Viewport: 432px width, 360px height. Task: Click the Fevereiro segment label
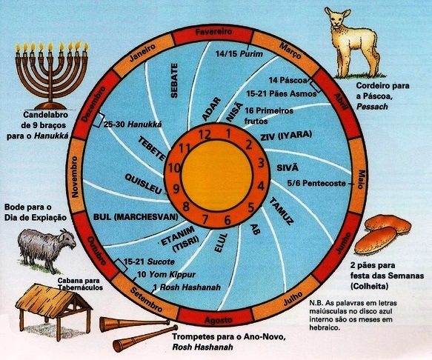coord(213,32)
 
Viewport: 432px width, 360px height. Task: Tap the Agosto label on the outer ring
coord(218,320)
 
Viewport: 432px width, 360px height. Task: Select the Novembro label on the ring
coord(75,177)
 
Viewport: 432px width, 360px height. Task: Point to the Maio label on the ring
coord(361,179)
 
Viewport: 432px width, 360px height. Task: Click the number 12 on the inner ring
coord(205,135)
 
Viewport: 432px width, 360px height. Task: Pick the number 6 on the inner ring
coord(227,220)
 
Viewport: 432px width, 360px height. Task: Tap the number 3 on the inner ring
coord(260,163)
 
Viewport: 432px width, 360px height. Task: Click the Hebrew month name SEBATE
coord(174,81)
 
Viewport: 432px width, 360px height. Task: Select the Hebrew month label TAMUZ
coord(281,212)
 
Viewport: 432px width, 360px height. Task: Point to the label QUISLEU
coord(144,184)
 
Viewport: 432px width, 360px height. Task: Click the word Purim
coord(251,54)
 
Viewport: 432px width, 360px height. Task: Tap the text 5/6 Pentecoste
coord(316,183)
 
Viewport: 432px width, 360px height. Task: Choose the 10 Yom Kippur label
coord(167,274)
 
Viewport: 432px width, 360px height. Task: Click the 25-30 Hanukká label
coord(133,124)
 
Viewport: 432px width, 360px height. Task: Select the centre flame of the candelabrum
coord(50,46)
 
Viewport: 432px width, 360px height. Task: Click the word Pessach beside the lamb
coord(372,107)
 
